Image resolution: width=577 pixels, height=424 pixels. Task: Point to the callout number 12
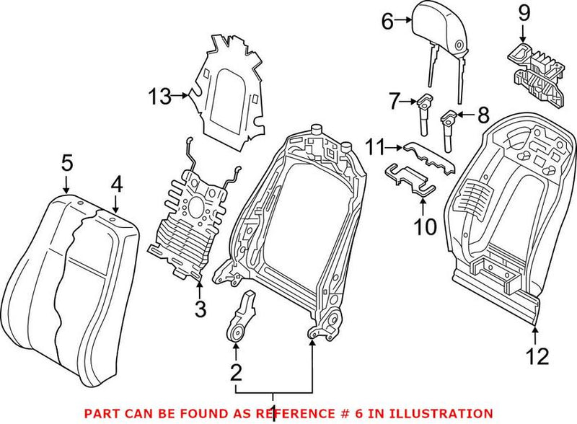537,357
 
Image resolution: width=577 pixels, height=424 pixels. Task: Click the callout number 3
201,310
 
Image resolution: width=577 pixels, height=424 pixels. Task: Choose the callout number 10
426,228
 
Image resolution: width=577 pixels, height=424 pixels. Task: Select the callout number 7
395,102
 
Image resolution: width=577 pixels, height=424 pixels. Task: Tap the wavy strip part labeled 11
429,155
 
